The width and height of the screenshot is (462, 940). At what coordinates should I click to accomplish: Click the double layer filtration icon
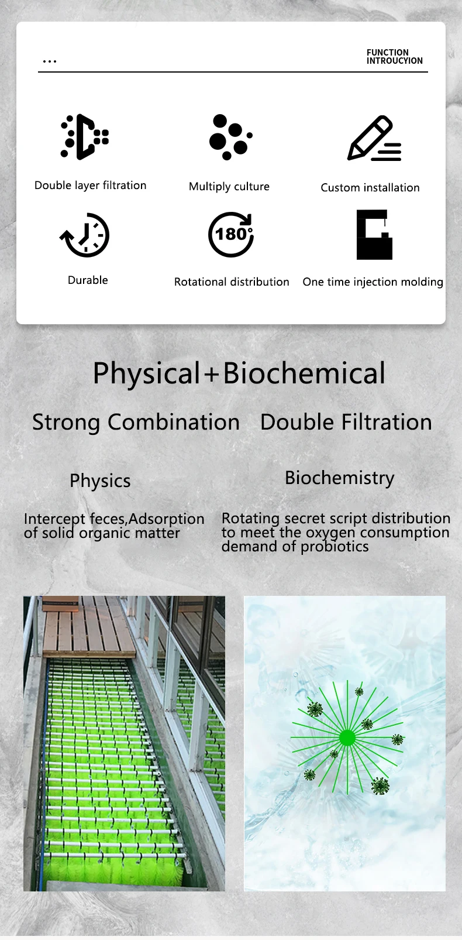(x=85, y=137)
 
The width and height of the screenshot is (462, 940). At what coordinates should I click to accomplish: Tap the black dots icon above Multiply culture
(x=230, y=137)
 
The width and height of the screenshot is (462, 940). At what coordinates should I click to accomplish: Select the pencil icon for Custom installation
(x=374, y=139)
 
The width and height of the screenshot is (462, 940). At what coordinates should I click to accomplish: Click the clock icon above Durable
(x=85, y=235)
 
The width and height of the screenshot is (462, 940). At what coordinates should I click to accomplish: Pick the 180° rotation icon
(x=232, y=234)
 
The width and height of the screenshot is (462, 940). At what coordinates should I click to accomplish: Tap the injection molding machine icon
(x=374, y=235)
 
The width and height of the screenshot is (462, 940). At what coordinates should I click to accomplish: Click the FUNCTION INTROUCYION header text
(x=394, y=57)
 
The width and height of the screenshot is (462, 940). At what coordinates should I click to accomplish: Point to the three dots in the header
(x=50, y=61)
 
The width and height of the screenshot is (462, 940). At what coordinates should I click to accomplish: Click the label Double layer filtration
(x=91, y=186)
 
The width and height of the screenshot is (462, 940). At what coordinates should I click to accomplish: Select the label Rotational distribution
(x=232, y=282)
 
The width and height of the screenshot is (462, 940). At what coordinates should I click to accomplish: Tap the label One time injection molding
(x=373, y=282)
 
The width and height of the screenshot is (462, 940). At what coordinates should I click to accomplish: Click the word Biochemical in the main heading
(x=304, y=373)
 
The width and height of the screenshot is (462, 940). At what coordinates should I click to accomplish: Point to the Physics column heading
(x=100, y=481)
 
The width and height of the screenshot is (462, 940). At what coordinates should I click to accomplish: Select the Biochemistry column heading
(x=339, y=478)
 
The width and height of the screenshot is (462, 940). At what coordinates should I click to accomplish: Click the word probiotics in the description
(x=335, y=547)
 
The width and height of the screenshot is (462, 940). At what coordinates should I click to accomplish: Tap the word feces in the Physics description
(x=108, y=519)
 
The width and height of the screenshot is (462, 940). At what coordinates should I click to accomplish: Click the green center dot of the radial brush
(x=347, y=737)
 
